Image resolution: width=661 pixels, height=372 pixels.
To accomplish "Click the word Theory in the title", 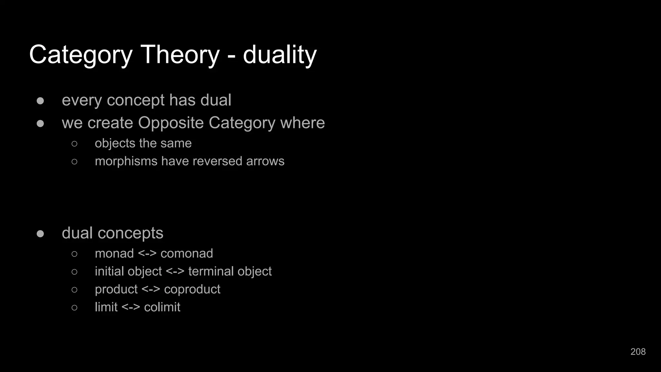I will (180, 55).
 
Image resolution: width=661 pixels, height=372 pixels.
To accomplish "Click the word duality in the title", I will (280, 55).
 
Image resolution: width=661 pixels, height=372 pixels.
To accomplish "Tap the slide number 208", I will (638, 352).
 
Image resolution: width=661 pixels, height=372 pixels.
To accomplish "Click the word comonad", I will (187, 253).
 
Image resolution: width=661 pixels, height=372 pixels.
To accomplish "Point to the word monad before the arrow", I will (114, 253).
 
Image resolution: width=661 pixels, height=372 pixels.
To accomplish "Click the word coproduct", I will (192, 289).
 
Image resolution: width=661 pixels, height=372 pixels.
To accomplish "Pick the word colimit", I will (162, 307).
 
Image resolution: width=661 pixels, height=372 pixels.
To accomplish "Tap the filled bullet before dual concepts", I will (40, 233).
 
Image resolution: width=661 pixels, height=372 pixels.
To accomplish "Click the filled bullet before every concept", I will (40, 101).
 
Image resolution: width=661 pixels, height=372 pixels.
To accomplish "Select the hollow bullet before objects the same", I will (74, 143).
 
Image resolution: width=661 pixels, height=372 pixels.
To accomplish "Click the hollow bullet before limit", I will (74, 307).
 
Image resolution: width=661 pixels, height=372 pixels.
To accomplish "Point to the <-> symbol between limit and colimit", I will (131, 307).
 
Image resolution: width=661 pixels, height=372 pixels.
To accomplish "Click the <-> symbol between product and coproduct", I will (151, 289).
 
